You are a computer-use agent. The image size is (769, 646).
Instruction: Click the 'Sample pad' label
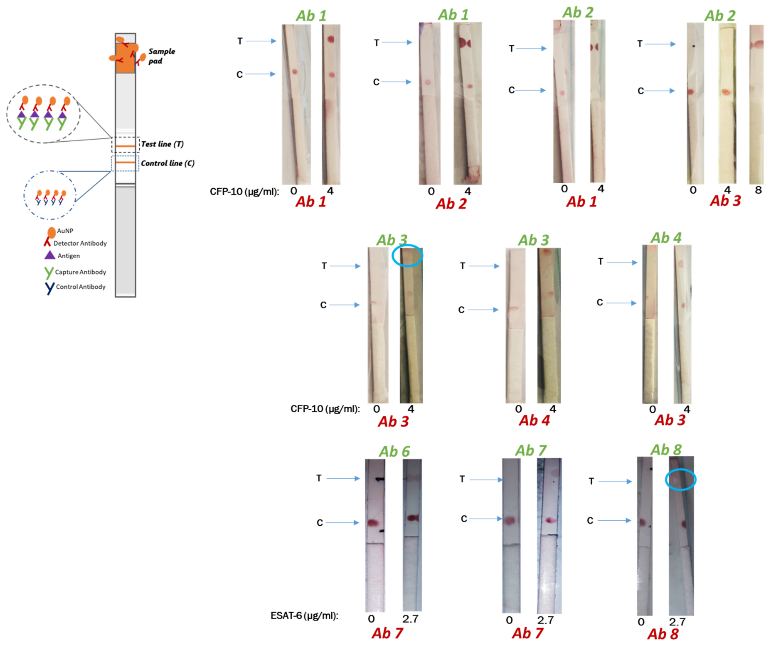(x=161, y=56)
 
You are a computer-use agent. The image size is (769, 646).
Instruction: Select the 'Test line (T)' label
(x=162, y=144)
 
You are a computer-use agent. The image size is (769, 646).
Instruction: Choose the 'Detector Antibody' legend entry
(x=80, y=243)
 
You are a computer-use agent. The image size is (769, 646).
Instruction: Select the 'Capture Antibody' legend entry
(x=80, y=272)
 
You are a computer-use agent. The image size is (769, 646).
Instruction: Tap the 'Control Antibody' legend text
(x=81, y=287)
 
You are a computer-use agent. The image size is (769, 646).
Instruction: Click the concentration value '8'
(x=758, y=190)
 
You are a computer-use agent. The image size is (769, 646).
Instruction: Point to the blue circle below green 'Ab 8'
(x=680, y=479)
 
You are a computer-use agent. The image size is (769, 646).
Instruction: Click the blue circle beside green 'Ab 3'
(x=407, y=255)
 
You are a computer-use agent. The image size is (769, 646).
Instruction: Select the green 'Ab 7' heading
(x=531, y=450)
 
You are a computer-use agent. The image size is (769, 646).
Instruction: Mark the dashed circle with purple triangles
(x=43, y=114)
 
